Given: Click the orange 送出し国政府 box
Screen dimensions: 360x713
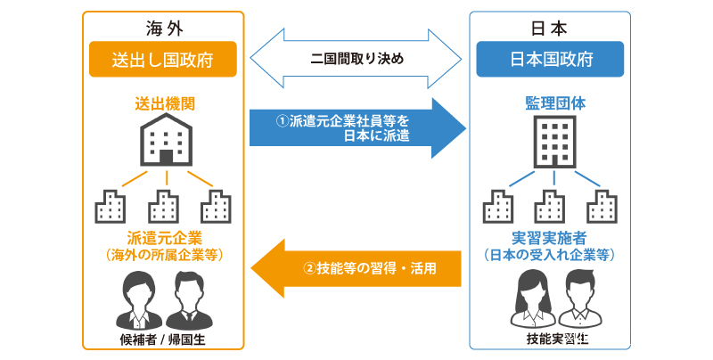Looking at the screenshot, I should [162, 60].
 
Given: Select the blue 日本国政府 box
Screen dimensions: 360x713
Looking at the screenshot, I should [548, 60].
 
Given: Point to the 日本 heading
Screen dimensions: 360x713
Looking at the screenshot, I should [549, 26].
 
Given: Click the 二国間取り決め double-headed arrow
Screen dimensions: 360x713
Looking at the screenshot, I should [357, 60].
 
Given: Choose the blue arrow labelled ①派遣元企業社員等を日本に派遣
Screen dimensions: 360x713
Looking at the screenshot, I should [356, 127].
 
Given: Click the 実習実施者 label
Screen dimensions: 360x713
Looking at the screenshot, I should [550, 238].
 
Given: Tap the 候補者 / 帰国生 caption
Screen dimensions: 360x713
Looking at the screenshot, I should [162, 340].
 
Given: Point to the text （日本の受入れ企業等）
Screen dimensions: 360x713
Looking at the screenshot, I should [550, 255].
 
